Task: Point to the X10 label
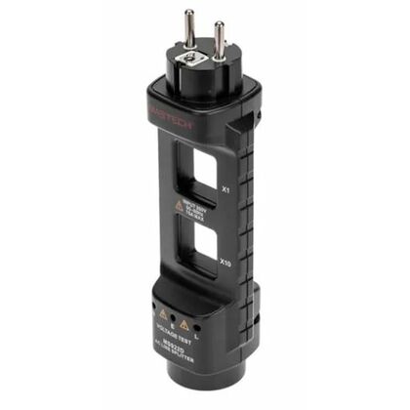(225, 262)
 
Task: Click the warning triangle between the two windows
(179, 207)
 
